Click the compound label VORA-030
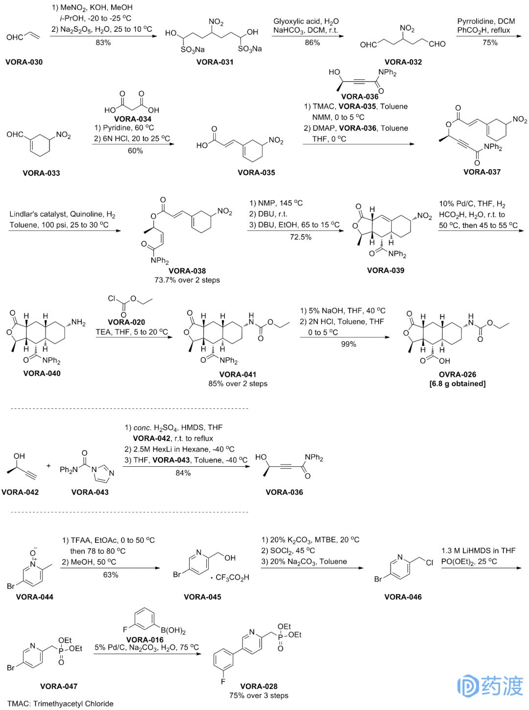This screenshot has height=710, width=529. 24,62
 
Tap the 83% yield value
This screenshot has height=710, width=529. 103,43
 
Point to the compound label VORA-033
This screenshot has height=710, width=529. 41,173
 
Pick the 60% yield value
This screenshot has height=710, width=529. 135,151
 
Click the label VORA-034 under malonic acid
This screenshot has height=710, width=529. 133,119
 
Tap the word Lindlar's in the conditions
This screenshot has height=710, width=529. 24,214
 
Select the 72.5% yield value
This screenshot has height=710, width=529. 300,237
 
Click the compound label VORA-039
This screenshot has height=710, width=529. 385,270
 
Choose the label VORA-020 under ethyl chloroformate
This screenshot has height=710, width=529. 126,322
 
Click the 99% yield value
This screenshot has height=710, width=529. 348,344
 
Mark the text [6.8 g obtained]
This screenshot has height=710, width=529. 457,383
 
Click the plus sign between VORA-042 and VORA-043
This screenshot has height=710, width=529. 48,465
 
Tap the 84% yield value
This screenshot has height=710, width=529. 183,473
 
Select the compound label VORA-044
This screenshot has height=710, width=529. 34,597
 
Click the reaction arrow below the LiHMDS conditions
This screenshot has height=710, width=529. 481,568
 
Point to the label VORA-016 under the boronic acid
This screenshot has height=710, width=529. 145,639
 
